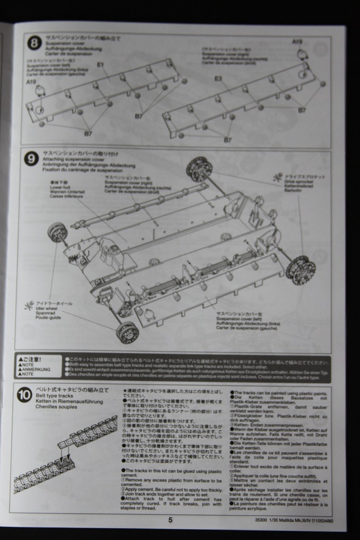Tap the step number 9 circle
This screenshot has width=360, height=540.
(32, 159)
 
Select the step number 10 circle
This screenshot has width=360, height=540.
(24, 392)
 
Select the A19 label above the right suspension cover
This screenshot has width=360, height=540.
(297, 41)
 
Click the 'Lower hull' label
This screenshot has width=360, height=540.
(59, 186)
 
